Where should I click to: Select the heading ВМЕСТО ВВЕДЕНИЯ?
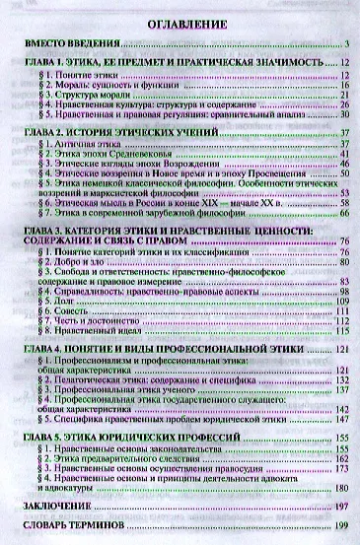click(71, 45)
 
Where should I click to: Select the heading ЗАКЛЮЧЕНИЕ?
click(54, 506)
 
